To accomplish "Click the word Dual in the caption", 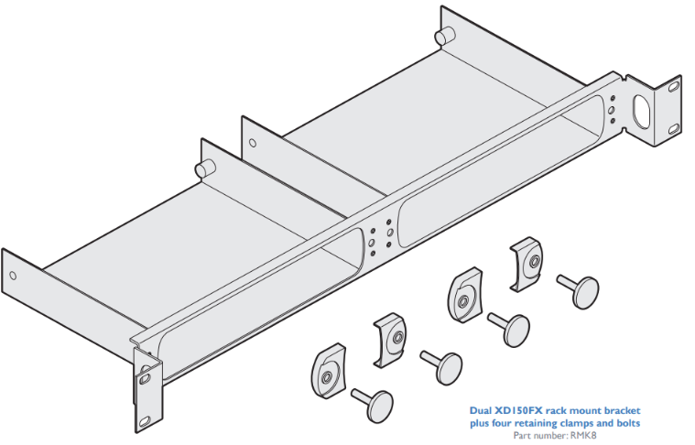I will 483,411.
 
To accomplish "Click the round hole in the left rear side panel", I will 12,276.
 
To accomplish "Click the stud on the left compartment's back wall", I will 204,169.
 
